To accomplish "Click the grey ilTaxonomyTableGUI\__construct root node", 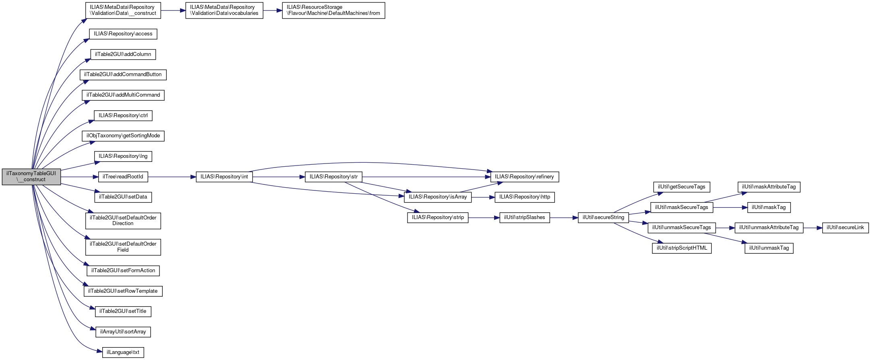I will [x=31, y=176].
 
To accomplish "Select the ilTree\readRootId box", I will [x=123, y=177].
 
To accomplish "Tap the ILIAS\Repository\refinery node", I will [x=524, y=177].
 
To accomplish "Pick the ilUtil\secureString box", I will [x=603, y=217].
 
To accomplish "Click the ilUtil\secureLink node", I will [x=845, y=228].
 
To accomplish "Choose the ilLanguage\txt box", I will [x=123, y=352].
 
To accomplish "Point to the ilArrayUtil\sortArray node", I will [x=123, y=332].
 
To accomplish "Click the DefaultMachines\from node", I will [x=333, y=10].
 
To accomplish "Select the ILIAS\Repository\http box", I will [x=525, y=197].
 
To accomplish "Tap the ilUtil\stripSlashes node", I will [x=524, y=217].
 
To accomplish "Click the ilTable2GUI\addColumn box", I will [x=123, y=54].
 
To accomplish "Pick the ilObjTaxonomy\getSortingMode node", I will [x=123, y=136].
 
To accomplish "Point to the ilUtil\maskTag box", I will [x=769, y=207].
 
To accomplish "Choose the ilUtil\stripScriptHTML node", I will [x=682, y=248].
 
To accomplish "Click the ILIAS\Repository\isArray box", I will [x=438, y=197].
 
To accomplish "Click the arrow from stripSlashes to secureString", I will [x=564, y=217].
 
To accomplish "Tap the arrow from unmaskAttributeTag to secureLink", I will [x=813, y=228].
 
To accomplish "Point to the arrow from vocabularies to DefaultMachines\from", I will [x=273, y=10].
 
